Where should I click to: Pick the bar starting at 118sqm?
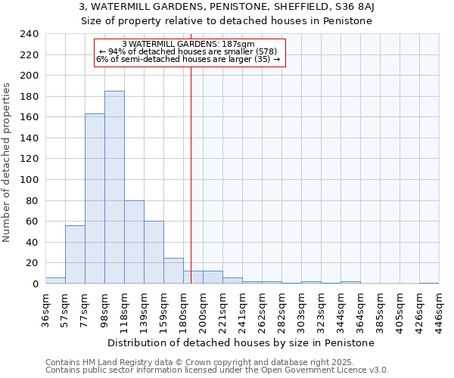(x=134, y=242)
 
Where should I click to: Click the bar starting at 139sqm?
(x=154, y=253)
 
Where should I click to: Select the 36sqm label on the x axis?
(x=46, y=308)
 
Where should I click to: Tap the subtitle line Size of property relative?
(x=227, y=20)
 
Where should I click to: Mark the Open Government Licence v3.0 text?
(x=326, y=370)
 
